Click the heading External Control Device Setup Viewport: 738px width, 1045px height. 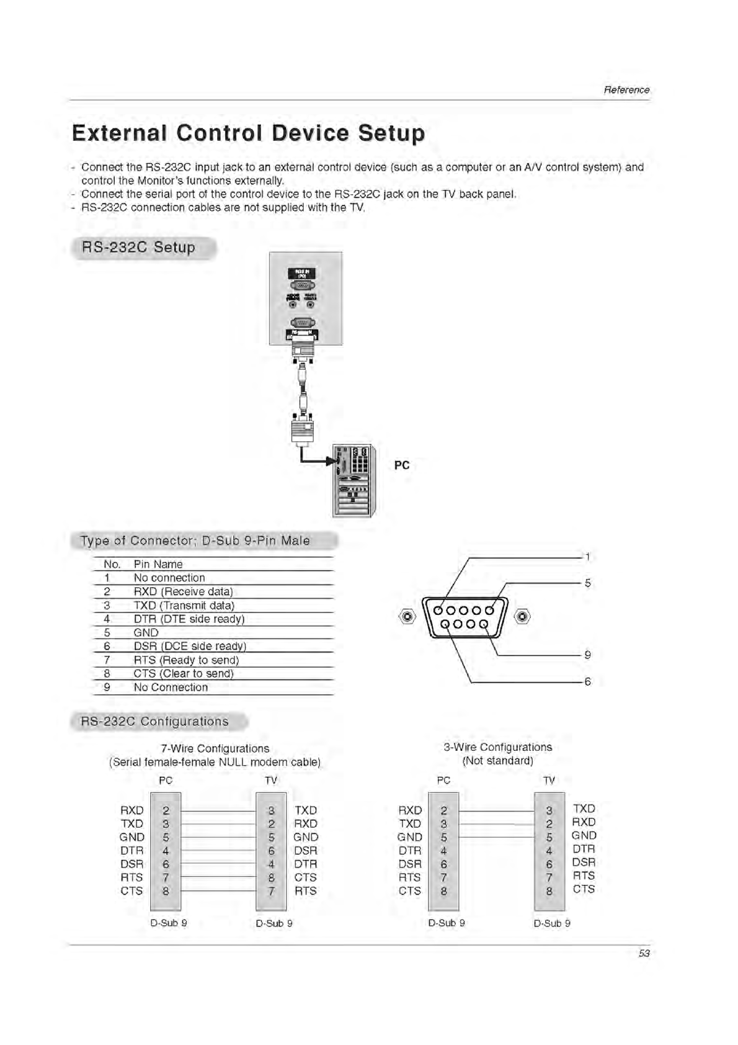click(x=248, y=133)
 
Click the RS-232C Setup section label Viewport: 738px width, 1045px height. click(x=139, y=248)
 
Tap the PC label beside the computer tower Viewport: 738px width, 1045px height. click(x=402, y=465)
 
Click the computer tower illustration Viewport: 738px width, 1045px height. click(x=354, y=480)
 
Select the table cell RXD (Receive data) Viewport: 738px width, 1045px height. click(x=184, y=591)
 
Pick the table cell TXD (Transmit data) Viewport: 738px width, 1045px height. click(x=184, y=605)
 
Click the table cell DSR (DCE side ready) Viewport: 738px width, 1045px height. click(x=190, y=646)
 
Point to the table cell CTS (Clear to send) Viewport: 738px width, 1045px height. click(x=184, y=673)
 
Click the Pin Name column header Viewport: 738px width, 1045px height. click(x=158, y=564)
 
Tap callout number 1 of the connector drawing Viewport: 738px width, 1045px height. click(x=588, y=557)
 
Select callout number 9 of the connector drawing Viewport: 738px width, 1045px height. click(x=588, y=655)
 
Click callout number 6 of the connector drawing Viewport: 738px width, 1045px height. click(x=588, y=682)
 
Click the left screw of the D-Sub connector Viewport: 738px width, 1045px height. click(x=407, y=617)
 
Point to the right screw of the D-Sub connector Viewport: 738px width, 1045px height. click(x=523, y=617)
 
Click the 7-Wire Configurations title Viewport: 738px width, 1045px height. click(x=215, y=748)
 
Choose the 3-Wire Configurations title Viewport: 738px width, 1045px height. click(x=497, y=747)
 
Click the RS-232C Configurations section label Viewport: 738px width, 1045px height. click(x=154, y=722)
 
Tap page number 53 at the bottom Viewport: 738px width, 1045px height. click(x=644, y=953)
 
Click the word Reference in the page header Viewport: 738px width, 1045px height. click(x=626, y=90)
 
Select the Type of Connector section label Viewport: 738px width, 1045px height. click(x=195, y=540)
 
